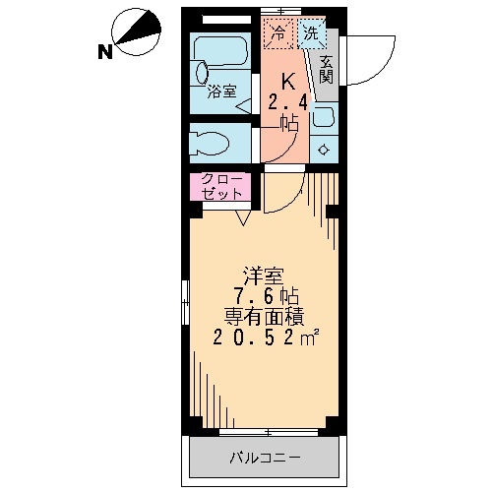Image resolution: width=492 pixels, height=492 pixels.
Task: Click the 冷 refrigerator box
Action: [278, 33]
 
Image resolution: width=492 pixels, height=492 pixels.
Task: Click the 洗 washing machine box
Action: [311, 33]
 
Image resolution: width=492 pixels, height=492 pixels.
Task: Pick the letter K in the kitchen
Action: [288, 81]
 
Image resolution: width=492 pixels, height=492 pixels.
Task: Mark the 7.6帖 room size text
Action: [262, 296]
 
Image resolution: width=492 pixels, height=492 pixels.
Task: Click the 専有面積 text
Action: [262, 317]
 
